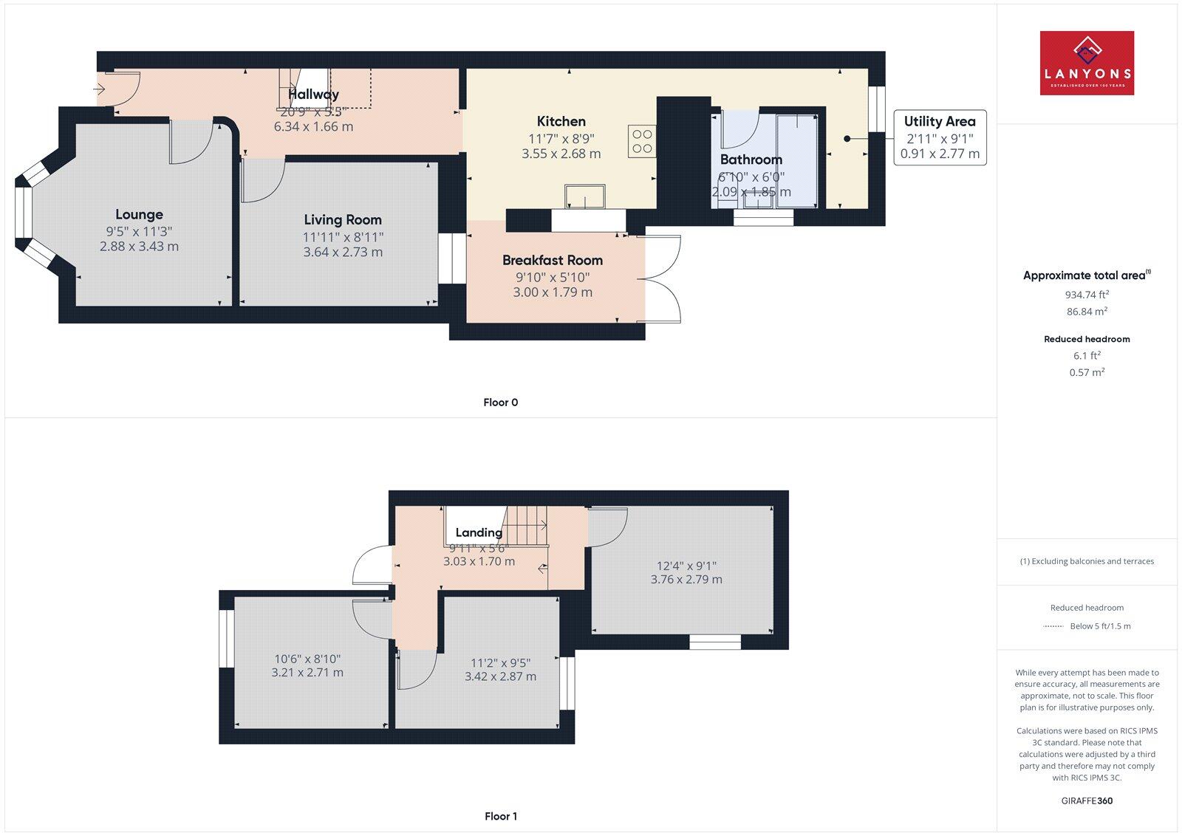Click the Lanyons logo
pos(1087,63)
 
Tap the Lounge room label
pos(139,214)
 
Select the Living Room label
pos(343,219)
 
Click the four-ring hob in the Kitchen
pos(642,142)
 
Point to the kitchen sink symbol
pos(585,197)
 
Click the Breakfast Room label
pos(553,260)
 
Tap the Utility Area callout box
pos(940,137)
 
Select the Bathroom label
pos(751,160)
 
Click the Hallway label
pos(313,94)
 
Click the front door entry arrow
pos(100,89)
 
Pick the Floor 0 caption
pos(501,402)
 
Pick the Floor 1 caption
pos(501,816)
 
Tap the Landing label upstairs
pos(479,532)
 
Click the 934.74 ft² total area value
pos(1087,294)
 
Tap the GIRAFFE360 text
pos(1087,801)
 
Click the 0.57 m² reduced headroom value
pos(1087,372)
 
